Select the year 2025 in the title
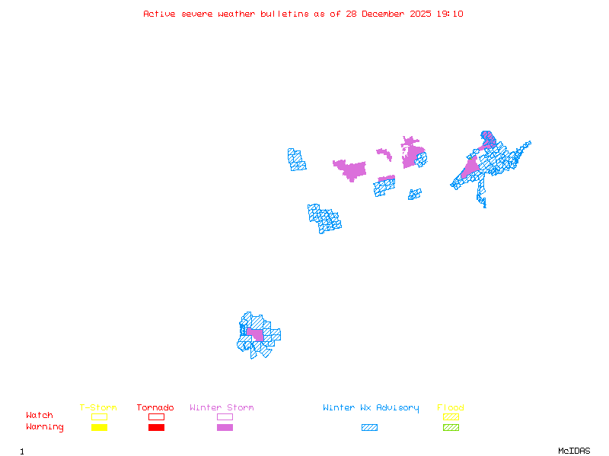pos(422,14)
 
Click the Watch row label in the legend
pos(40,416)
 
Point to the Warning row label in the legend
pos(45,427)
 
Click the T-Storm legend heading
pos(98,408)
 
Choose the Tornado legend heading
pos(155,408)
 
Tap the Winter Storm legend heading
pos(222,408)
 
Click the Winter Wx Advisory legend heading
pos(371,408)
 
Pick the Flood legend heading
pos(451,408)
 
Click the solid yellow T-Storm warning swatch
pos(99,427)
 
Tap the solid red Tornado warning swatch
pos(156,427)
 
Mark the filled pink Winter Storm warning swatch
pos(225,427)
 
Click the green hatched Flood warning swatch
pos(451,427)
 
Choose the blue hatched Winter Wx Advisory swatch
pos(369,427)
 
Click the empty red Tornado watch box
pos(156,416)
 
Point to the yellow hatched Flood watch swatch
pos(451,416)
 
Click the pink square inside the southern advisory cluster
pos(255,334)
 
